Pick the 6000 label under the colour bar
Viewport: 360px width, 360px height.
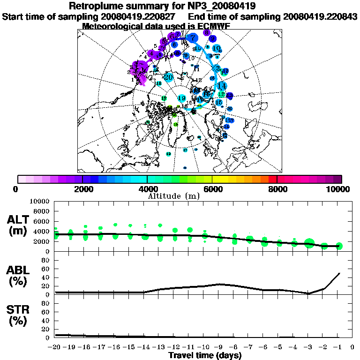(x=212, y=189)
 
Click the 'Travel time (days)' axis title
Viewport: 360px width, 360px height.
(x=205, y=355)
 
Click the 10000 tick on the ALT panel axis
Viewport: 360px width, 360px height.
(x=40, y=201)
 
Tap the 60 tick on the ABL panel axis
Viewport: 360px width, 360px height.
(x=46, y=269)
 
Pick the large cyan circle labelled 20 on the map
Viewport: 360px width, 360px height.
(x=169, y=77)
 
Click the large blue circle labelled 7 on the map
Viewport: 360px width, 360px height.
(x=192, y=38)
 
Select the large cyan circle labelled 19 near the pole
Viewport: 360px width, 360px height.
(x=182, y=98)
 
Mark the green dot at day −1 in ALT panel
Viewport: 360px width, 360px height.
(x=339, y=246)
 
